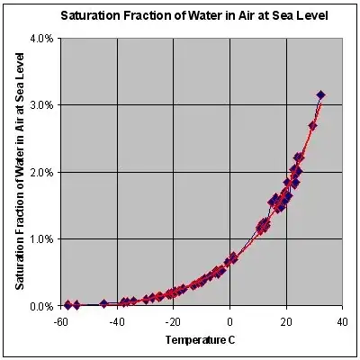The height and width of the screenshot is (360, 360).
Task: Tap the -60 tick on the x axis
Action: click(60, 319)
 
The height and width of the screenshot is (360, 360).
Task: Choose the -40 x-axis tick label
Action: click(117, 319)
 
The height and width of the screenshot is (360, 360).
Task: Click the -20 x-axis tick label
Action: click(173, 319)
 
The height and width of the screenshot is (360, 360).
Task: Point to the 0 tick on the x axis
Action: click(230, 319)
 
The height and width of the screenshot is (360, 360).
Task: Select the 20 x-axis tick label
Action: click(286, 319)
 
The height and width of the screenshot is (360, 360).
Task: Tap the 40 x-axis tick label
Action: click(343, 319)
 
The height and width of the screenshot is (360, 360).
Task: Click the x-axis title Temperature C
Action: click(201, 339)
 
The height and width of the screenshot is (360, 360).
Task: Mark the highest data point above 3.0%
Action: click(321, 94)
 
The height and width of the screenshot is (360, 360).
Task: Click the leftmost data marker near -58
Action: click(67, 305)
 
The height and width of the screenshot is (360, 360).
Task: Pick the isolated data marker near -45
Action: click(103, 304)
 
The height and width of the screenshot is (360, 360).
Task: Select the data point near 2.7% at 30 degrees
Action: click(313, 126)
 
